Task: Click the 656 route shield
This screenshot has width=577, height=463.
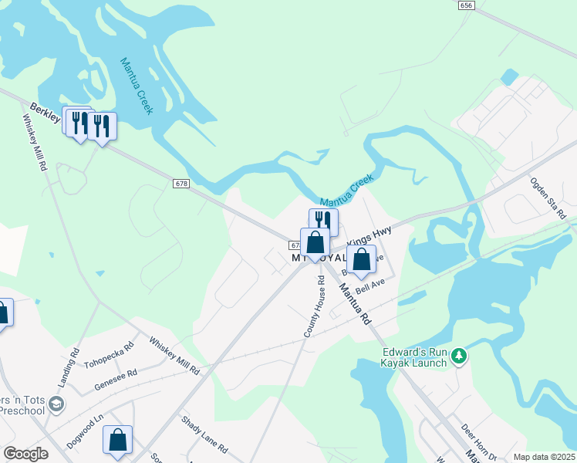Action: coord(465,5)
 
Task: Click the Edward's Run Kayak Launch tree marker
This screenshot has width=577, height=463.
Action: coord(460,356)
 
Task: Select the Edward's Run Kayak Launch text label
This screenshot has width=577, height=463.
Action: coord(414,358)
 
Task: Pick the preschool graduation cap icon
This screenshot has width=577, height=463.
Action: coord(56,404)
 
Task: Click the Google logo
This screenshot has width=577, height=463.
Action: coord(25,454)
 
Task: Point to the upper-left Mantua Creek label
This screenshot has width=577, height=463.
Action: coord(137,85)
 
